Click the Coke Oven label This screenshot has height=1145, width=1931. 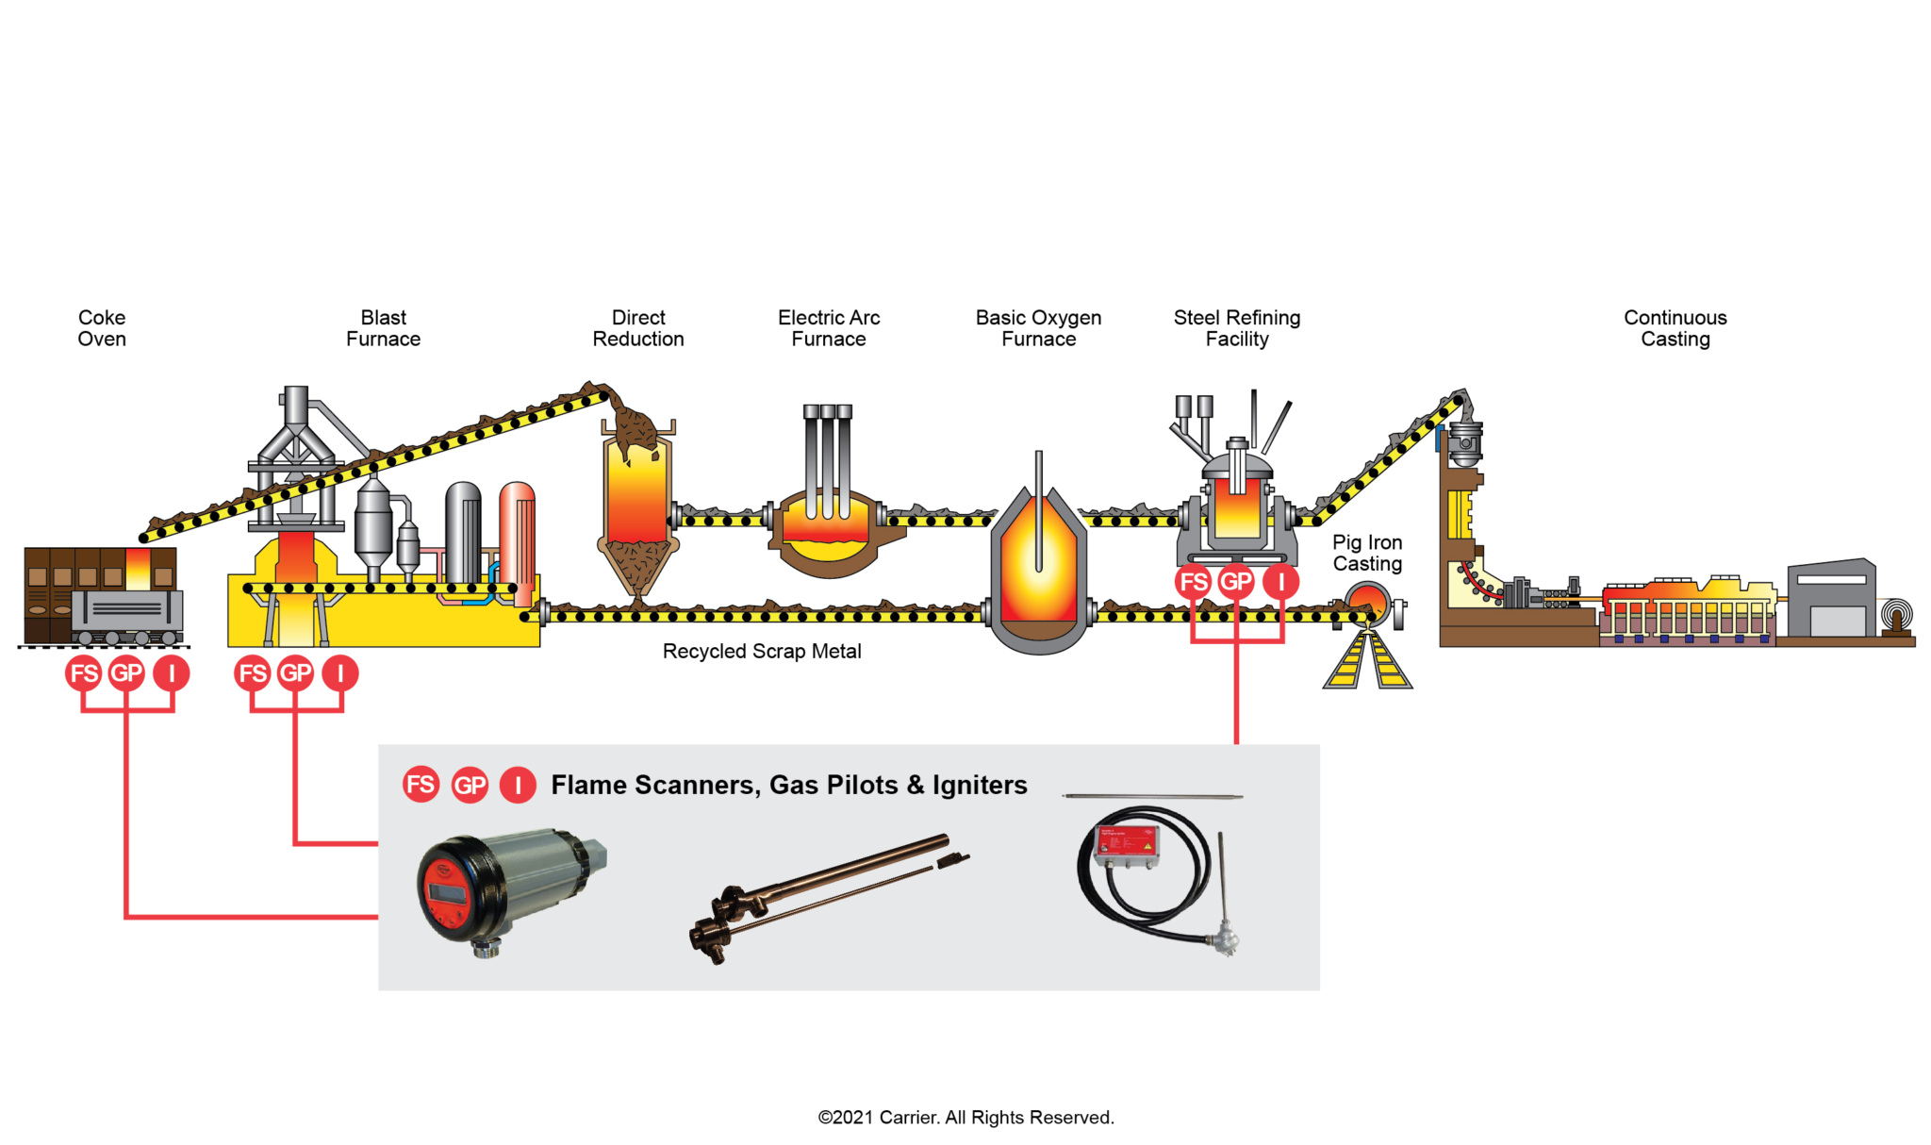click(x=102, y=328)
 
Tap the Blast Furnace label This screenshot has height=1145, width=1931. click(x=383, y=328)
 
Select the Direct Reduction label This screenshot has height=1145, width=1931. click(x=638, y=328)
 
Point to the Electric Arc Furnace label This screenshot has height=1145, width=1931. click(x=829, y=328)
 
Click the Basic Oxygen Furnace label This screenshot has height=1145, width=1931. click(x=1038, y=328)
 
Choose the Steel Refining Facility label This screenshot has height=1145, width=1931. click(x=1237, y=328)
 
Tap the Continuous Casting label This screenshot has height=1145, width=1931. click(x=1675, y=328)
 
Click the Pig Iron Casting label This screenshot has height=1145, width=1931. click(x=1367, y=553)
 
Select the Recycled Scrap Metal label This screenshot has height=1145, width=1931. click(x=762, y=651)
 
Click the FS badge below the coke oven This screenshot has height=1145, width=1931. click(x=84, y=673)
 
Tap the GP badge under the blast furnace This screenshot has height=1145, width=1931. click(x=295, y=673)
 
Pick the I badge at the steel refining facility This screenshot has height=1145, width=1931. click(x=1280, y=582)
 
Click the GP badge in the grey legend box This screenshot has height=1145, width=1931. click(x=470, y=785)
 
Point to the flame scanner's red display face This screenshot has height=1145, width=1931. click(x=442, y=888)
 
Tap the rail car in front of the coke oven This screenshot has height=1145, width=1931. click(x=127, y=617)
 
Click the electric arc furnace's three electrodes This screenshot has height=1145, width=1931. click(x=828, y=461)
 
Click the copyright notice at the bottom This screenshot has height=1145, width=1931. click(x=965, y=1118)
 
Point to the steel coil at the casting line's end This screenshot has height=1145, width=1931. click(x=1896, y=616)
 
